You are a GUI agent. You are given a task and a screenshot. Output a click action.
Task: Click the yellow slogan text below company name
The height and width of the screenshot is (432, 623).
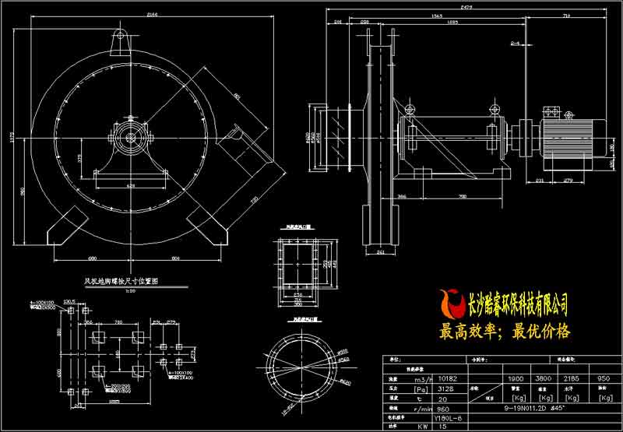pos(505,331)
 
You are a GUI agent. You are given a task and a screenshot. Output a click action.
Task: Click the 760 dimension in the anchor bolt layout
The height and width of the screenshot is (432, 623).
pos(119,321)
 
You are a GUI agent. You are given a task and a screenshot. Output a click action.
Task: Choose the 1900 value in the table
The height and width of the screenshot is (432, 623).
pos(515,380)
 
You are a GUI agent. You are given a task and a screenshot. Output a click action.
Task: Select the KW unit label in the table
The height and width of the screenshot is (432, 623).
pos(403,426)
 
